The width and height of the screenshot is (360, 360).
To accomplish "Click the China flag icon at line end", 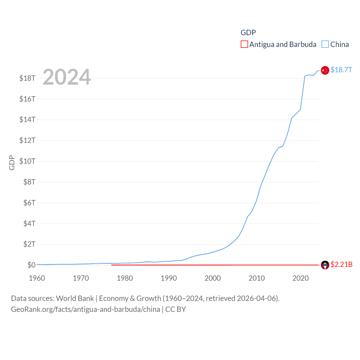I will click(x=325, y=70).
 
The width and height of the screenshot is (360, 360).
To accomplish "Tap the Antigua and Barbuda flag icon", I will click(x=325, y=265).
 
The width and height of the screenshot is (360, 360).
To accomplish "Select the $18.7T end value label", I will click(x=341, y=70).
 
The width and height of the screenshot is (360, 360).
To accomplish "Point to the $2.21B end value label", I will click(x=341, y=265).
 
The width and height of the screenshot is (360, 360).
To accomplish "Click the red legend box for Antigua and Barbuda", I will click(x=244, y=44).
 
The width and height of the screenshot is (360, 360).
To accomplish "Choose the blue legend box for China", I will click(x=325, y=44).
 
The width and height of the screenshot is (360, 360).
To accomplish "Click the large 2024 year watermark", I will click(x=67, y=77).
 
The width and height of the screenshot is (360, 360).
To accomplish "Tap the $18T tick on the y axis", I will click(x=27, y=78).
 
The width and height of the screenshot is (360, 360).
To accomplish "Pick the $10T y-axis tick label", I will click(x=27, y=161).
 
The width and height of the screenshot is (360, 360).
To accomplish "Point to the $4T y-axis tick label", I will click(x=29, y=224).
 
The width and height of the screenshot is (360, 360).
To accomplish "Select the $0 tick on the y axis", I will click(x=31, y=265).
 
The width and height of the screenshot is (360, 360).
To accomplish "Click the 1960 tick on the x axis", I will click(x=37, y=278).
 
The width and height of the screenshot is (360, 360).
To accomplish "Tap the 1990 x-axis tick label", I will click(x=169, y=278).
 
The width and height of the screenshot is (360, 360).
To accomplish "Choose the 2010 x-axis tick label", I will click(x=256, y=278).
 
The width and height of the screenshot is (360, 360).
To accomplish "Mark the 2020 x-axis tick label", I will click(x=300, y=278).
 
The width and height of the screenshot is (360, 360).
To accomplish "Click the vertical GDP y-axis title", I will click(x=12, y=163).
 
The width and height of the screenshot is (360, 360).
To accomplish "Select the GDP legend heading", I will click(x=248, y=33).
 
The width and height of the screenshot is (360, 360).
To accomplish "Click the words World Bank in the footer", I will click(x=75, y=298).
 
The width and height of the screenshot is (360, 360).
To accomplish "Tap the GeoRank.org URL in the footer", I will click(x=85, y=309).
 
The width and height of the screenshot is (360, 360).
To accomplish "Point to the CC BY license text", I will click(x=175, y=309).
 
